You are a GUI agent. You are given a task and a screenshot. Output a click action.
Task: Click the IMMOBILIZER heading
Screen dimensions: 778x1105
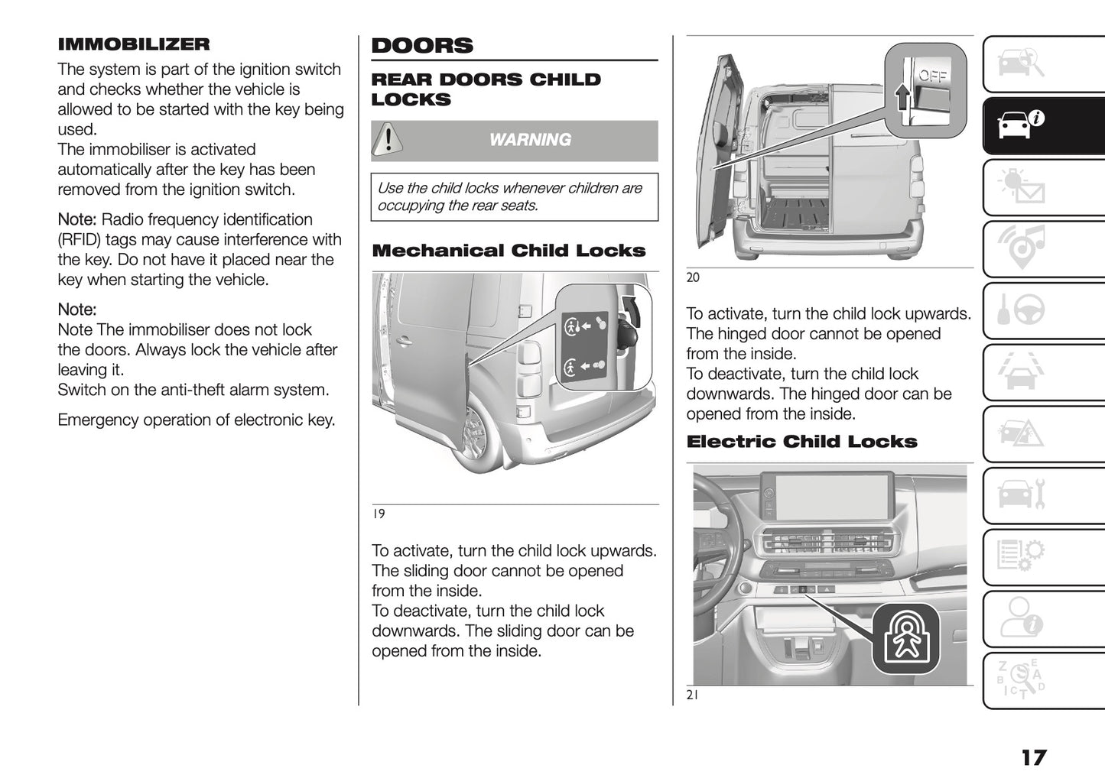click(x=133, y=44)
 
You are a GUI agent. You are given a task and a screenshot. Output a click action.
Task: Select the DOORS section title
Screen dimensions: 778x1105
click(x=422, y=46)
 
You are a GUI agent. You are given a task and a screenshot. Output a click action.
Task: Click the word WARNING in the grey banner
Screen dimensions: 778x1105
click(x=530, y=140)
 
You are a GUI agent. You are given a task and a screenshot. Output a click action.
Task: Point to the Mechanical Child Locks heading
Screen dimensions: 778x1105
click(x=509, y=251)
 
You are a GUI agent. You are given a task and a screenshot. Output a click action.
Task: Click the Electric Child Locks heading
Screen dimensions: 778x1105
click(x=801, y=442)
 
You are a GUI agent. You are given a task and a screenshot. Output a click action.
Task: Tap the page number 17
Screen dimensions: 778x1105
click(x=1033, y=757)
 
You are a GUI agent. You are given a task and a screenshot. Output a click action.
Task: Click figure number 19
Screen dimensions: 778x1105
click(x=379, y=514)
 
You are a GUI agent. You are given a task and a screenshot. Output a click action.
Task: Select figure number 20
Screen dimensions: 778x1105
click(x=693, y=277)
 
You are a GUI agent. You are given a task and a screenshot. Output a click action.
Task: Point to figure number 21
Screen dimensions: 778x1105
click(x=692, y=695)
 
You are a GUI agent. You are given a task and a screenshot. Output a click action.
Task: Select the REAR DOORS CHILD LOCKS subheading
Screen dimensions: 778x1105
click(x=486, y=89)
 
